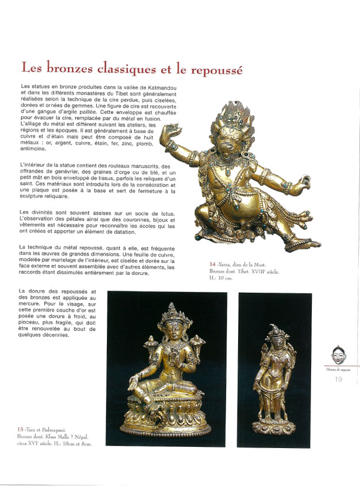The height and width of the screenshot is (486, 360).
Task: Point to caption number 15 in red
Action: click(x=20, y=430)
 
